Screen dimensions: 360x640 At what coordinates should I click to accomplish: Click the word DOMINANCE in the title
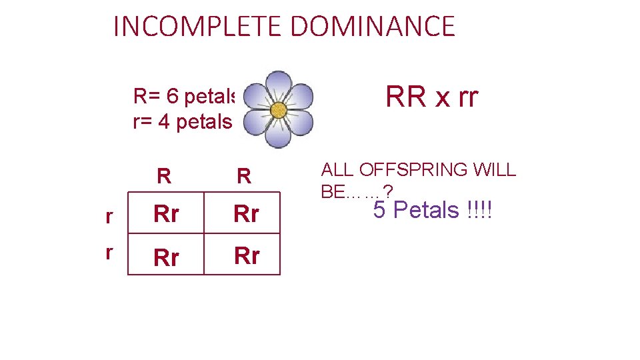[373, 27]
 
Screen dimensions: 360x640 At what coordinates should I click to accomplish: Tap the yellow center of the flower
[279, 109]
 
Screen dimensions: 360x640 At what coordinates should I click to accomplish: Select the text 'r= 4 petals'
[183, 122]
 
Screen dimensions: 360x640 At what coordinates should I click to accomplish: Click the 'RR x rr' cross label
[432, 97]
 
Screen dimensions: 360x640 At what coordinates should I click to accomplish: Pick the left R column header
[164, 177]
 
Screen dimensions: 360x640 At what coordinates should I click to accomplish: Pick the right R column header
[244, 177]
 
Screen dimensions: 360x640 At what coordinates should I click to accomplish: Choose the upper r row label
[109, 216]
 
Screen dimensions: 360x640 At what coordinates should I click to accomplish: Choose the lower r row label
[109, 252]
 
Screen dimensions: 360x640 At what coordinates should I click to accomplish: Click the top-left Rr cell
[166, 214]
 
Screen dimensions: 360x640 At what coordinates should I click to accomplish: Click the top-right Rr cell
[246, 214]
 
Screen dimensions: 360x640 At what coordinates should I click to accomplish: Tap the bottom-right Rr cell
[246, 255]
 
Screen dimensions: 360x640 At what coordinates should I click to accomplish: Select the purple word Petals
[427, 211]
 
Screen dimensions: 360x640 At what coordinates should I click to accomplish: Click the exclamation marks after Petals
[479, 211]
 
